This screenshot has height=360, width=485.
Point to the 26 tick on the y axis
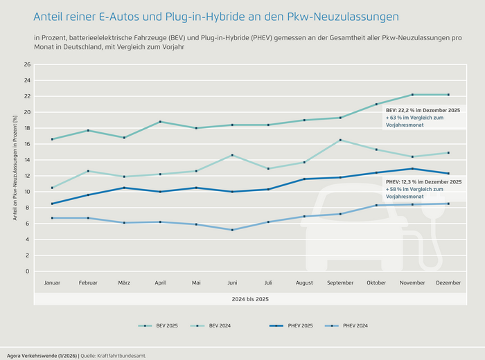27,65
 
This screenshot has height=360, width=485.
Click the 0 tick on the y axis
28,271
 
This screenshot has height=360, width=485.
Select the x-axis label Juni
233,282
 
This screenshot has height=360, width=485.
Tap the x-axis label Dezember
449,282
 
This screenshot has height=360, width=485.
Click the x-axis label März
124,282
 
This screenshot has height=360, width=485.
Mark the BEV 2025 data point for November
413,95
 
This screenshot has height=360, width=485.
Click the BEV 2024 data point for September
341,140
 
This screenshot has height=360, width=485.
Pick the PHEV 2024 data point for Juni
233,230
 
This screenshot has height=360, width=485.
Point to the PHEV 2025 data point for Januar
52,204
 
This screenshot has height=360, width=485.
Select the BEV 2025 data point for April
160,122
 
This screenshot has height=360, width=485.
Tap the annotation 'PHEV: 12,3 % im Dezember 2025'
423,181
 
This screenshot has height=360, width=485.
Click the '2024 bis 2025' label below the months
251,299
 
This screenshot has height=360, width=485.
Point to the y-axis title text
15,168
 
